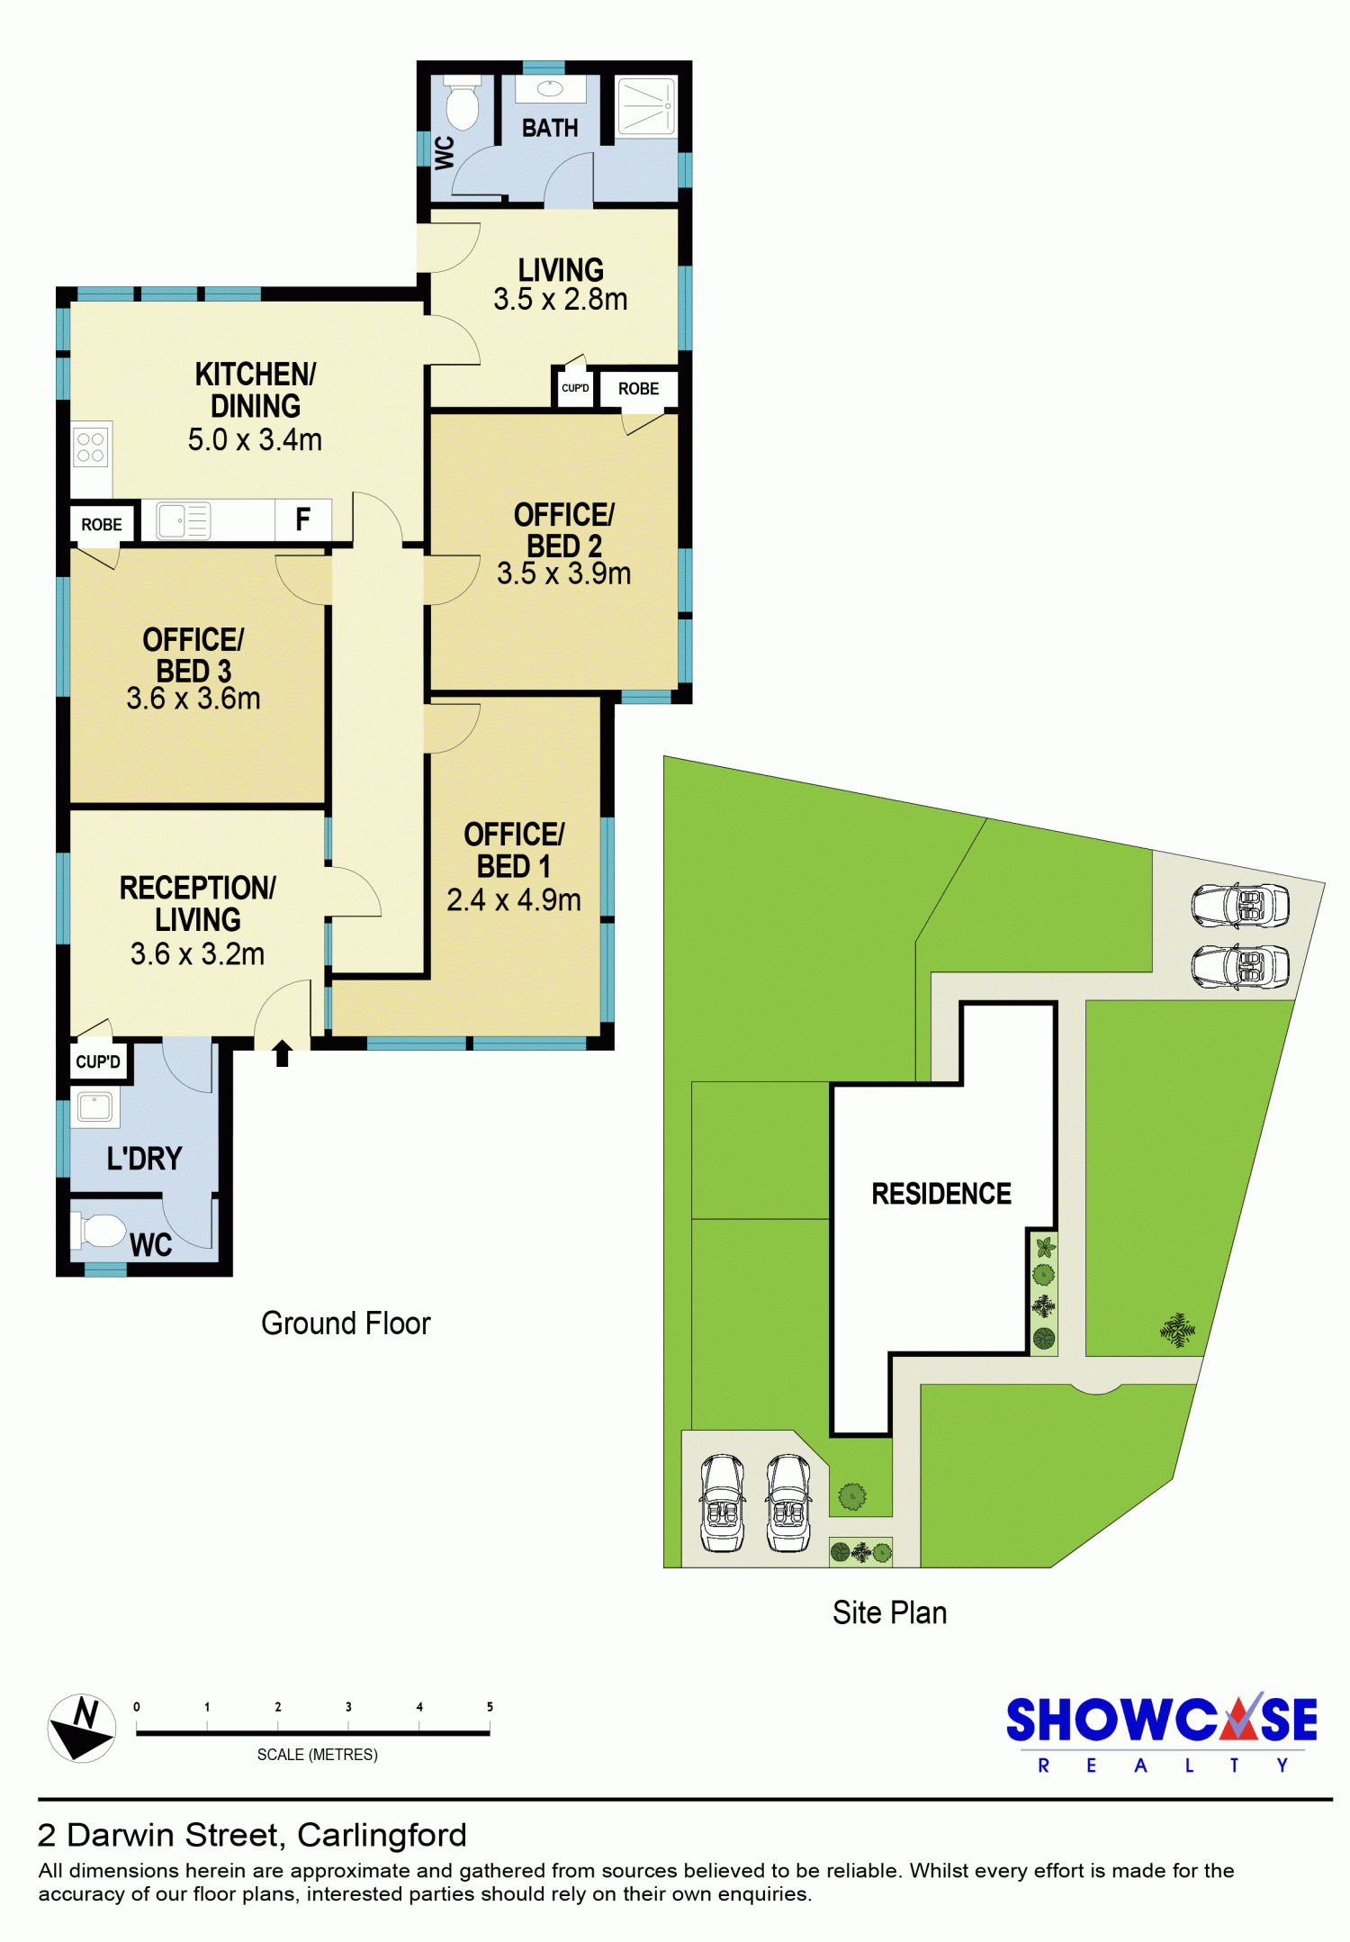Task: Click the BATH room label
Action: point(550,128)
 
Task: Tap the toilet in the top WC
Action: point(463,104)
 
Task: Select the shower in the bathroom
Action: point(645,106)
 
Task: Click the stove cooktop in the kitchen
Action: point(90,447)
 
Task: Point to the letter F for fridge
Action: point(303,519)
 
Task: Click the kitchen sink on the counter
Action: point(184,520)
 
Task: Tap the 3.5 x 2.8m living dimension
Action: point(561,299)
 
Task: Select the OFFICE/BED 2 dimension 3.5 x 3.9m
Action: point(564,574)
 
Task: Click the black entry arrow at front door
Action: point(283,1053)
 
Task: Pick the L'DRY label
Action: point(144,1158)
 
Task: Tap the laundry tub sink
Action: point(94,1106)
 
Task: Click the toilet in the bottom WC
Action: point(100,1231)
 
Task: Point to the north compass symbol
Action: point(82,1728)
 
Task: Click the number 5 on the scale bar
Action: point(490,1706)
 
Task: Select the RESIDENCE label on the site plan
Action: point(941,1194)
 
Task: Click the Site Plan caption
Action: point(889,1612)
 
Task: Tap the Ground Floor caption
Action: point(346,1323)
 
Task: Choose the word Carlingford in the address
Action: point(382,1835)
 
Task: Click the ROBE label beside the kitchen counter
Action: point(102,525)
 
